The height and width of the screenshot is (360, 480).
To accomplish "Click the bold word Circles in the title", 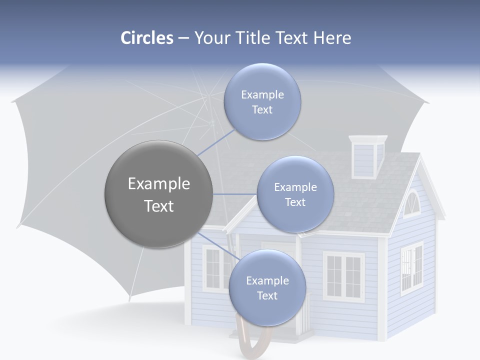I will [147, 38].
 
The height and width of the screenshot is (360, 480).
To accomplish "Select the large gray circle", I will [158, 194].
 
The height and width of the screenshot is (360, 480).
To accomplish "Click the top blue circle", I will [262, 101].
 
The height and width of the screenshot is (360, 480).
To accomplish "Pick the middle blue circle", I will [295, 194].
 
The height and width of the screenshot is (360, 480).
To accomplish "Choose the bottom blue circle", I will [267, 287].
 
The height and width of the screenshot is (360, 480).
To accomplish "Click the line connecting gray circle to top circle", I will [216, 142].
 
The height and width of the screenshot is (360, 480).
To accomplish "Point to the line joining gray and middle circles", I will [234, 194].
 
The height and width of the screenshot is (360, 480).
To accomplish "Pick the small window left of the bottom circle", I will [212, 268].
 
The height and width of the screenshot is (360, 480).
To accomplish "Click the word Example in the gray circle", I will [159, 184].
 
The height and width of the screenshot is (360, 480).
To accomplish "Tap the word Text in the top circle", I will [262, 110].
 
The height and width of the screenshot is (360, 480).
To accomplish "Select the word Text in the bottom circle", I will [267, 296].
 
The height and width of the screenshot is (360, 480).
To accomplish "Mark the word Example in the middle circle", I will [295, 187].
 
